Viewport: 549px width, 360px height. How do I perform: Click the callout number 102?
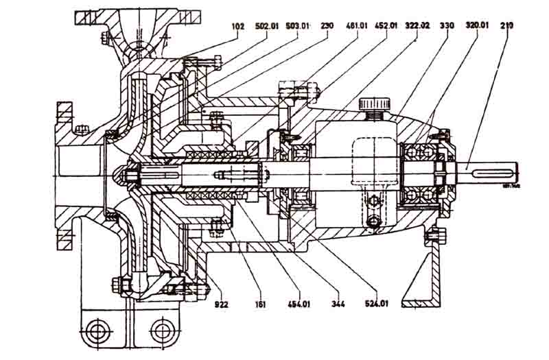click(238, 26)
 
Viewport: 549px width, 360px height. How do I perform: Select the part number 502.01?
click(268, 26)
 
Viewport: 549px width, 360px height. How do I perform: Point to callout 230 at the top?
click(327, 26)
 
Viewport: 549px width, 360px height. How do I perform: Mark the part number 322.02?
click(418, 26)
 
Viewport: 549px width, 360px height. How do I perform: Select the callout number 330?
click(447, 26)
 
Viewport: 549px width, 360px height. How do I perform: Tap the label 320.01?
click(477, 26)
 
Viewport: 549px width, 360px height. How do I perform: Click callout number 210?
click(507, 26)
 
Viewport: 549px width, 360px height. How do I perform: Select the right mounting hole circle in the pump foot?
click(162, 331)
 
